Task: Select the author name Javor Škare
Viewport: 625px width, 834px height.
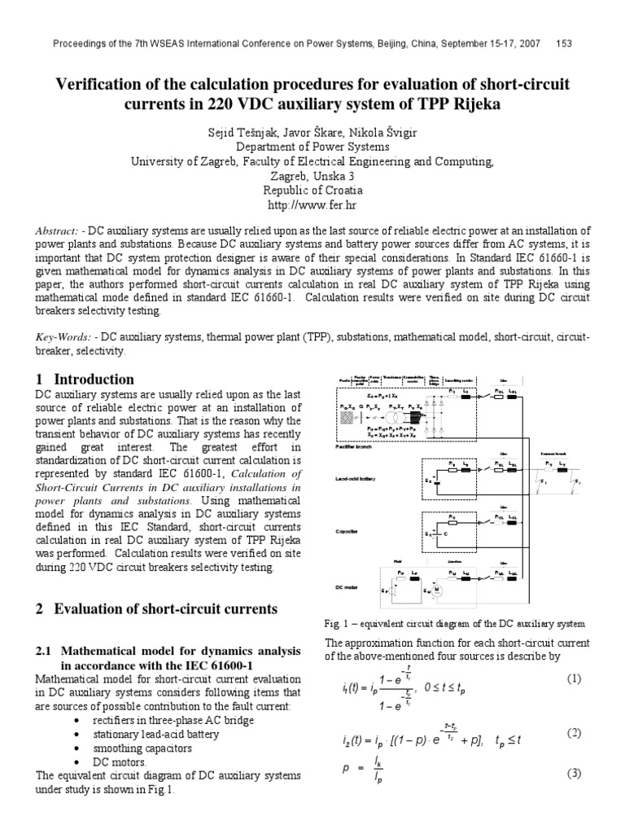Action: (x=312, y=132)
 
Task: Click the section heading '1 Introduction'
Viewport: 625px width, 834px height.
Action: (x=85, y=379)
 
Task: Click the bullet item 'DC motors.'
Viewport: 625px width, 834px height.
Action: (x=121, y=762)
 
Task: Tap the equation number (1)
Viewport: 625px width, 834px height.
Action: (x=574, y=678)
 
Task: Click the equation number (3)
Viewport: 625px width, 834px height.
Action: (x=574, y=773)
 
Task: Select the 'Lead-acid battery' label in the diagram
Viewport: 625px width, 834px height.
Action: (x=356, y=479)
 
